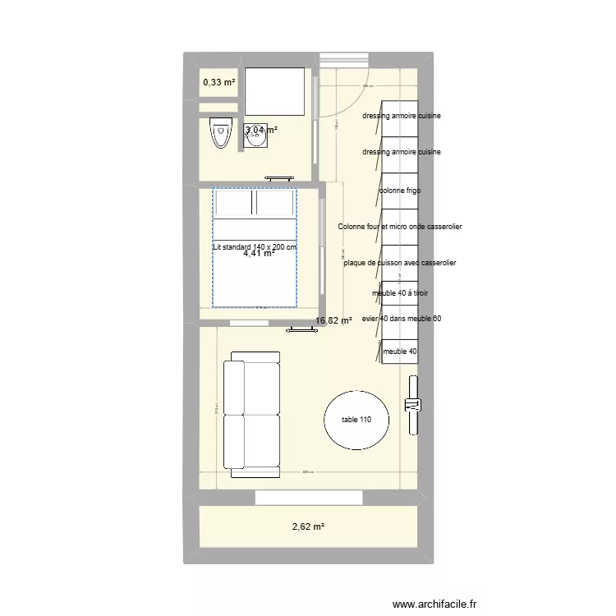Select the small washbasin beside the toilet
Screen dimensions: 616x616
pyautogui.click(x=255, y=140)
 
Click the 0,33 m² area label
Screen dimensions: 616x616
pyautogui.click(x=219, y=82)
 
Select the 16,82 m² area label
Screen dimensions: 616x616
pyautogui.click(x=333, y=321)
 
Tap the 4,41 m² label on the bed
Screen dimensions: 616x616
pyautogui.click(x=259, y=254)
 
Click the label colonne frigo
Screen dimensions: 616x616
pyautogui.click(x=400, y=191)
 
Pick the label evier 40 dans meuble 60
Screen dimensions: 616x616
pyautogui.click(x=402, y=318)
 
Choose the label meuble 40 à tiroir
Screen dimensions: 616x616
pyautogui.click(x=400, y=293)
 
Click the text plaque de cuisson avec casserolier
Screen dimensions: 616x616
pyautogui.click(x=400, y=263)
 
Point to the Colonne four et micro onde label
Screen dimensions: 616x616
pyautogui.click(x=400, y=227)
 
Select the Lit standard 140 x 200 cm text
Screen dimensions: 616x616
pyautogui.click(x=255, y=246)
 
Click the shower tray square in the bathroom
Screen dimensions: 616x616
pyautogui.click(x=274, y=92)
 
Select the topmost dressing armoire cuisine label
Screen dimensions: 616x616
pyautogui.click(x=402, y=116)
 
